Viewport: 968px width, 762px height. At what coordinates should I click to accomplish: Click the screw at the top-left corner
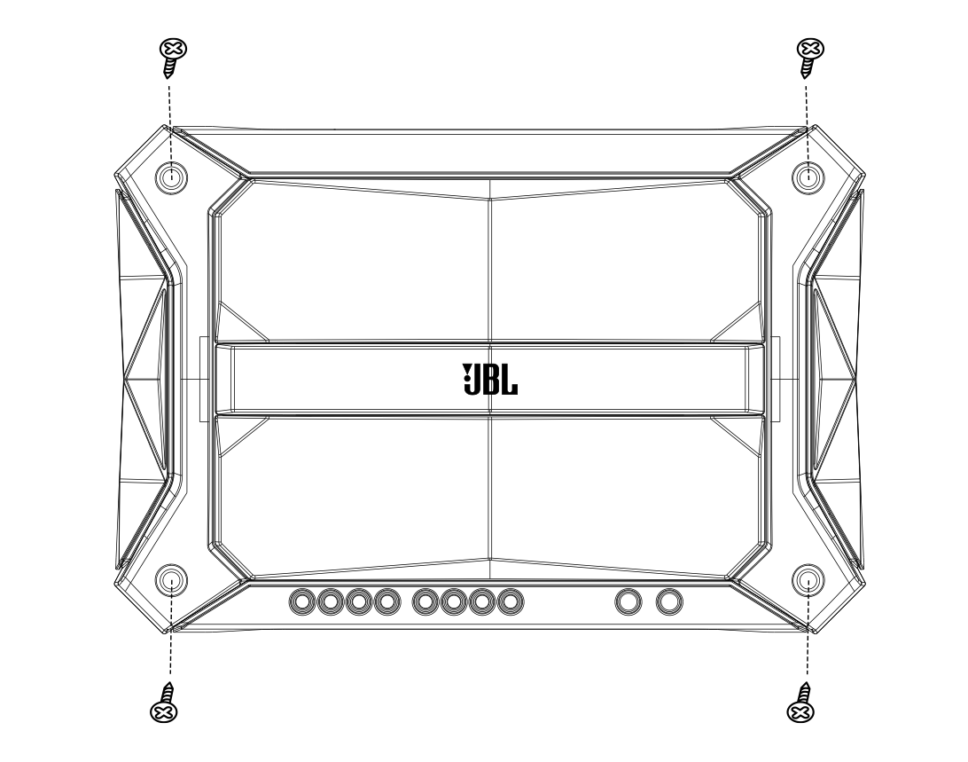click(x=169, y=56)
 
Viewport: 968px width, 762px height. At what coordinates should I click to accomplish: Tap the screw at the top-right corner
click(x=808, y=56)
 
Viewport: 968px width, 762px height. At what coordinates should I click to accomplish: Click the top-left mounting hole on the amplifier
click(x=171, y=177)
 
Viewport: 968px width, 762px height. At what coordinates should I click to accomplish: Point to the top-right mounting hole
click(x=807, y=177)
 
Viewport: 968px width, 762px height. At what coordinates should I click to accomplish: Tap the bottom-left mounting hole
click(x=171, y=581)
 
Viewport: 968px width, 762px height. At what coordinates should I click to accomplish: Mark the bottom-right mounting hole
click(x=807, y=581)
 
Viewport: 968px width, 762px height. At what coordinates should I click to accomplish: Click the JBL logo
click(x=490, y=378)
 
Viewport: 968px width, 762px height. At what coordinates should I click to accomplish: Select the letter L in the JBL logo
click(x=510, y=379)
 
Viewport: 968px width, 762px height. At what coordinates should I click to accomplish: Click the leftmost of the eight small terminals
click(x=303, y=603)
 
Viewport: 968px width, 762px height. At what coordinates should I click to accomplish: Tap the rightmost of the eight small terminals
click(x=510, y=603)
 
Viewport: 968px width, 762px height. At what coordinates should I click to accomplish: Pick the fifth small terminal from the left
click(x=425, y=603)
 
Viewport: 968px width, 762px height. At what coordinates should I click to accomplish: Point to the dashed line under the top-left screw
click(x=169, y=115)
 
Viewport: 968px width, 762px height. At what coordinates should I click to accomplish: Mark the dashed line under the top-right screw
click(x=807, y=115)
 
